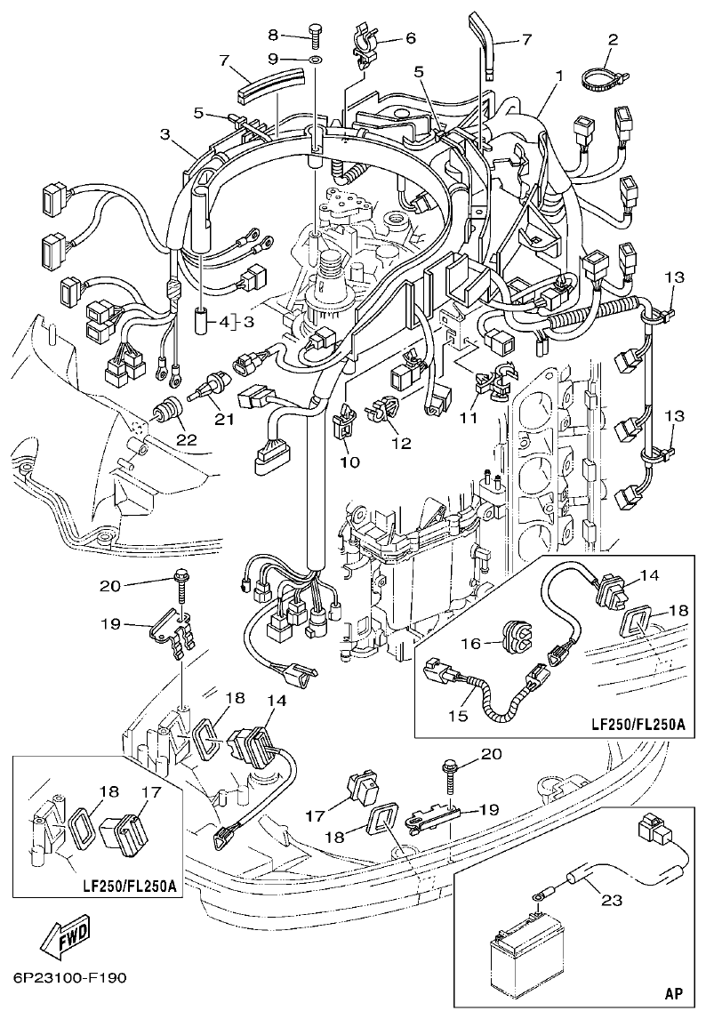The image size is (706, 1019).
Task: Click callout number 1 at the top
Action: coord(558,77)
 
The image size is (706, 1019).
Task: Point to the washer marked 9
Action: coord(316,59)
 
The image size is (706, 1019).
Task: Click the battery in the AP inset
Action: coord(524,961)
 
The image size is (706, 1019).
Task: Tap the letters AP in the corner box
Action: coord(674,992)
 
